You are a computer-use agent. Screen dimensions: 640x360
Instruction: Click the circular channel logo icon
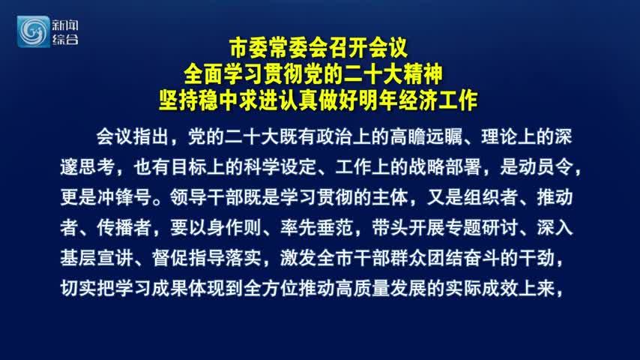pos(33,31)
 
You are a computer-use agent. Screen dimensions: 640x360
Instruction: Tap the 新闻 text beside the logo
pos(65,25)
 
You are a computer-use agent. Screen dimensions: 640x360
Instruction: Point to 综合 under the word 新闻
pos(65,40)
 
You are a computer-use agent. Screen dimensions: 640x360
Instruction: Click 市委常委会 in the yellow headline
pos(279,48)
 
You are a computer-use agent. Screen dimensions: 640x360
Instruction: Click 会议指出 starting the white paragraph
pos(132,137)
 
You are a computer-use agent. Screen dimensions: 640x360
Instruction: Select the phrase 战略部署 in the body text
pos(444,167)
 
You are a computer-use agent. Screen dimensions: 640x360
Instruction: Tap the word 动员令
pos(546,167)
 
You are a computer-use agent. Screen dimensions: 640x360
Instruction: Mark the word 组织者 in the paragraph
pos(491,197)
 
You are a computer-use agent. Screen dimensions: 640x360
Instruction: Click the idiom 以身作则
pos(225,227)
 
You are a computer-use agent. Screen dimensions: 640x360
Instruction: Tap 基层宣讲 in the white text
pos(97,258)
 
